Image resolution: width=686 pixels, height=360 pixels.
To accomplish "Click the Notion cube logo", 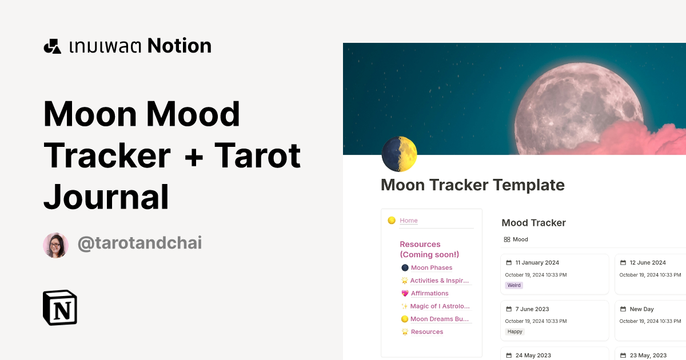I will [60, 307].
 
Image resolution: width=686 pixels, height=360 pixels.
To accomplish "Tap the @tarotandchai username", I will [139, 243].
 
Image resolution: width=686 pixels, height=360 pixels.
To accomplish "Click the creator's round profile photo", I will [56, 245].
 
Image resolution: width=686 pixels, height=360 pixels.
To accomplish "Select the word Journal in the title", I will [106, 196].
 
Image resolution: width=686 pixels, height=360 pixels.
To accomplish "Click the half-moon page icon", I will [399, 154].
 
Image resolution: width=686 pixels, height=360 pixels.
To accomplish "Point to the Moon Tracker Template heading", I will [472, 185].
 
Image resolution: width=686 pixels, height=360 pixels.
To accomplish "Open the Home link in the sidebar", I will [409, 221].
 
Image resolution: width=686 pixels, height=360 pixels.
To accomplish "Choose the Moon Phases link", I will [431, 268].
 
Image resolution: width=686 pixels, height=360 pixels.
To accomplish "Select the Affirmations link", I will [429, 294].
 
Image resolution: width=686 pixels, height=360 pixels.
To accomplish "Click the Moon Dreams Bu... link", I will [440, 319].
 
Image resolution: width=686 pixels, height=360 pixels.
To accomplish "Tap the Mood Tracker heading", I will [533, 223].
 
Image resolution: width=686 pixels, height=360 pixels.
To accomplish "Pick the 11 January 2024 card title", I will [537, 263].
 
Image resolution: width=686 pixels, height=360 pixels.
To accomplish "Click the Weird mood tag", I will [514, 285].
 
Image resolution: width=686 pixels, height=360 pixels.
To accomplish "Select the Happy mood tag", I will [515, 331].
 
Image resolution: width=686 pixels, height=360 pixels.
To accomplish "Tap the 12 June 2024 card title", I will [648, 263].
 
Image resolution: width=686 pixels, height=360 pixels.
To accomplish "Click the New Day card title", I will [641, 309].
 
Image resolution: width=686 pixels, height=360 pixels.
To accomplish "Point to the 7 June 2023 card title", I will [532, 309].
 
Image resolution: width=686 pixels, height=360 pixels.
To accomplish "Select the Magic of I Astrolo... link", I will [440, 306].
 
